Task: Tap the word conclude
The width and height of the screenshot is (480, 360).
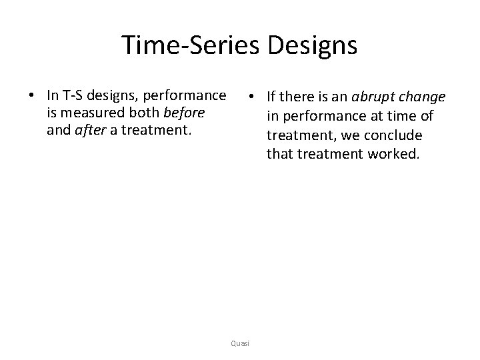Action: [397, 136]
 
